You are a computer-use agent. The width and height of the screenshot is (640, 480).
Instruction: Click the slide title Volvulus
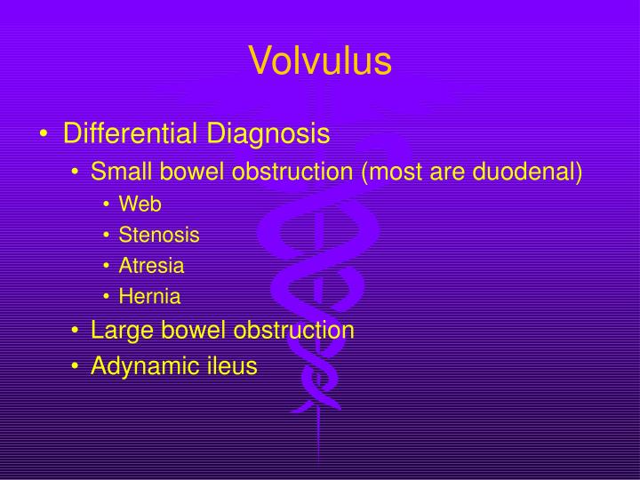click(x=320, y=60)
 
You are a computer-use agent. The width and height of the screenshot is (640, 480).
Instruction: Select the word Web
click(x=140, y=204)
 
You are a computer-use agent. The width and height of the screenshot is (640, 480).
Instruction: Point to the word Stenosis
click(x=159, y=236)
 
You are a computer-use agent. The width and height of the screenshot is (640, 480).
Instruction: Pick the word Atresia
click(x=152, y=266)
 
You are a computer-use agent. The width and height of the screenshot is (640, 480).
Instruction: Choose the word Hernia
click(x=149, y=297)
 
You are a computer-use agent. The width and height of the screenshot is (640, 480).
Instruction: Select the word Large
click(x=118, y=331)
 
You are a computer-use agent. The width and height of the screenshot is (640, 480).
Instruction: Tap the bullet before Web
click(x=108, y=205)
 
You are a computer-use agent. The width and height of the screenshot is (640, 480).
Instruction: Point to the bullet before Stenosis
click(x=108, y=236)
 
